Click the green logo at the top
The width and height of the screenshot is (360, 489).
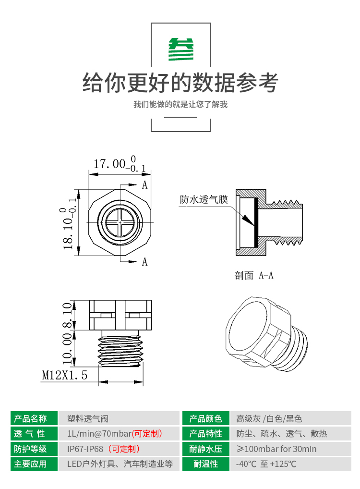tap(181, 49)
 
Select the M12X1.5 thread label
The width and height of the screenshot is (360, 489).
tap(64, 375)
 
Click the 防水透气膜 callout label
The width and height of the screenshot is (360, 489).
tap(204, 199)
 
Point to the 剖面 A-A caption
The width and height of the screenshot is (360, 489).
tap(254, 275)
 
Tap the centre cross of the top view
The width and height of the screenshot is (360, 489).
tap(120, 222)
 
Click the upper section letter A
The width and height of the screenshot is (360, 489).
tap(144, 185)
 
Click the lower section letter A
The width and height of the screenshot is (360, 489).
tap(144, 262)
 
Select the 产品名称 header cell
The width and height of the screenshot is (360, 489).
tap(34, 418)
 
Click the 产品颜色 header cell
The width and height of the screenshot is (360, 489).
tap(206, 418)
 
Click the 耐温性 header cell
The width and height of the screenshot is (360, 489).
tap(206, 464)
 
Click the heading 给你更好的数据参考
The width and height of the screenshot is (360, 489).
tap(180, 83)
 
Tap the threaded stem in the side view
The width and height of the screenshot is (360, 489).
tap(120, 348)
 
